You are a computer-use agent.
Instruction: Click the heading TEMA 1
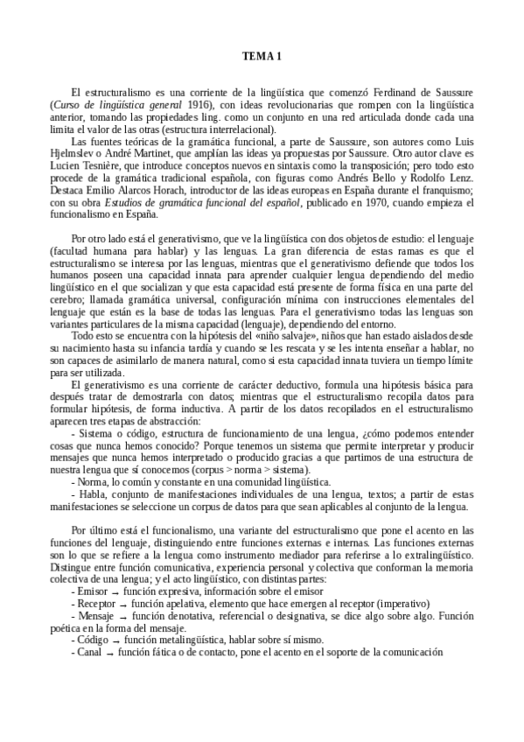click(262, 58)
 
